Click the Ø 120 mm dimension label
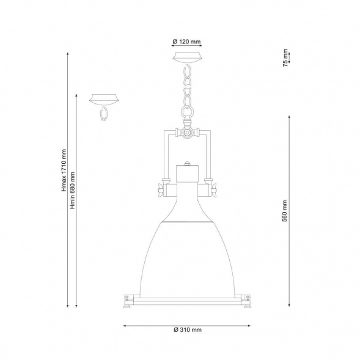186,42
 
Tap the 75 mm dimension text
285,57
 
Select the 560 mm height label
285,211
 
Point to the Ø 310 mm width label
188,330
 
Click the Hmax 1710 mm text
64,171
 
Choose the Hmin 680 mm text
73,190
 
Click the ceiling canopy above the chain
188,57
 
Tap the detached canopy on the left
104,100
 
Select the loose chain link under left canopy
103,114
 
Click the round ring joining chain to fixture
188,112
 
